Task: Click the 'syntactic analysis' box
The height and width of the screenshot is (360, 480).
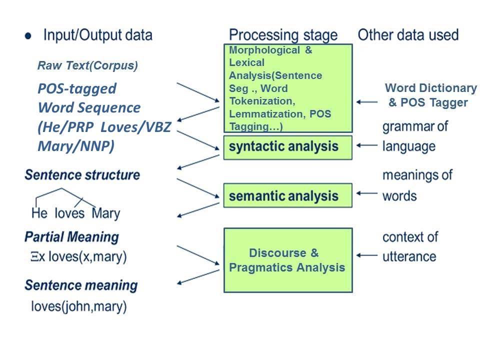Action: [287, 147]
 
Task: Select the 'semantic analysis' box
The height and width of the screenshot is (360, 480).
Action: [287, 195]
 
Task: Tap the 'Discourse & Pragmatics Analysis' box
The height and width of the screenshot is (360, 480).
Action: [287, 260]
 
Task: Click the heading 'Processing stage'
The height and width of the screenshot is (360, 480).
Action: [283, 35]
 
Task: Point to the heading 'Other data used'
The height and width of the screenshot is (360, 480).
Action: [408, 35]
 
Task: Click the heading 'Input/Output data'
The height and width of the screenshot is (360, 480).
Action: [97, 35]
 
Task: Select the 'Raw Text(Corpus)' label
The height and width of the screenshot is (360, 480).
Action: [87, 65]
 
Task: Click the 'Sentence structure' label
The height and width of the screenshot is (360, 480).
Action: [82, 175]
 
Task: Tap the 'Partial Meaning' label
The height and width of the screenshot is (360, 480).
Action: [71, 236]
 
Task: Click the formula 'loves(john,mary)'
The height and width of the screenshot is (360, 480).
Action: [78, 305]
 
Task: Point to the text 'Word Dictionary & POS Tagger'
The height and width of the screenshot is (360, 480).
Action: [430, 95]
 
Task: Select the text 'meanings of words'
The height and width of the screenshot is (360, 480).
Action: [416, 185]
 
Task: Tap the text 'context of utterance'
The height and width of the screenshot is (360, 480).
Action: [409, 246]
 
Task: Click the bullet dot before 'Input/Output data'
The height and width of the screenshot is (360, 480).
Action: [28, 36]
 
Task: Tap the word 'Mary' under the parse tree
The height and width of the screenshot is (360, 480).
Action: [106, 213]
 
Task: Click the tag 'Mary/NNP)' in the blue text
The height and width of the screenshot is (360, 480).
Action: [75, 146]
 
